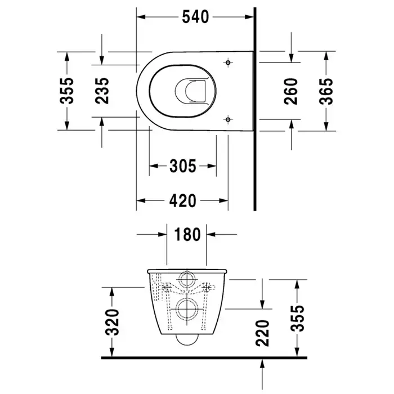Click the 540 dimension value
click(195, 17)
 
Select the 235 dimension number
click(102, 91)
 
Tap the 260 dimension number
click(291, 91)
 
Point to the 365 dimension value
click(326, 91)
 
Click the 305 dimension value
click(183, 166)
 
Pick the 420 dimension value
click(183, 200)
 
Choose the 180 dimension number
click(187, 234)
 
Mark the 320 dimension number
click(112, 323)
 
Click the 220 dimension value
click(263, 333)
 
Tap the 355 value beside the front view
click(298, 319)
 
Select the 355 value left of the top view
click(67, 91)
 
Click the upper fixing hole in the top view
click(228, 62)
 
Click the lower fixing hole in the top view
click(228, 119)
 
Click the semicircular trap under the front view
click(187, 345)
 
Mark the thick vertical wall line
click(255, 109)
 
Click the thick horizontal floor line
click(204, 357)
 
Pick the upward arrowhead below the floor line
click(262, 364)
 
